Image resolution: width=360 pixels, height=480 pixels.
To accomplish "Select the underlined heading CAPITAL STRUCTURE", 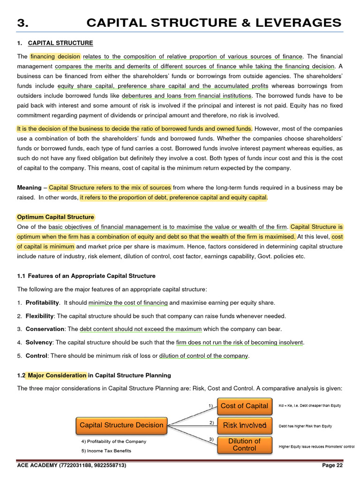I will coord(60,43).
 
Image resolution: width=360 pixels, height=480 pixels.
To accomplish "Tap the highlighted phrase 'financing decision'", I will coord(55,56).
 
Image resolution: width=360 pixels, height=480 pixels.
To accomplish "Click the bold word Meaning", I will coord(29,187).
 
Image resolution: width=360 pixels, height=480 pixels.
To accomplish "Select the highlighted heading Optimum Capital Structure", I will coord(55,217).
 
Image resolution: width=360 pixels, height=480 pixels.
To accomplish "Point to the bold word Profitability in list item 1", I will coord(42,302).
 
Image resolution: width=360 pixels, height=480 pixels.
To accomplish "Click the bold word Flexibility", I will coord(40,316).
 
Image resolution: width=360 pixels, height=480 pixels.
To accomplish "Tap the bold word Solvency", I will coord(38,343).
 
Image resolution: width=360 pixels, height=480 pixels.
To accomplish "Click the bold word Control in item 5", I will coord(36,356).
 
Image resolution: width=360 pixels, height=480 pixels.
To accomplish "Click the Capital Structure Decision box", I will coord(121,425).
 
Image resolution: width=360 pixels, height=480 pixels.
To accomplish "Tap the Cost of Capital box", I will coord(244,406).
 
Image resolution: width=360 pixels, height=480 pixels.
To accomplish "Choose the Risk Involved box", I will coord(244,425).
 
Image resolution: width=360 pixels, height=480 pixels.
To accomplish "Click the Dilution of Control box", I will coord(244,444).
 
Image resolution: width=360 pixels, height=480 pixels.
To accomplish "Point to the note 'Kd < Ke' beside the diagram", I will coord(309,405).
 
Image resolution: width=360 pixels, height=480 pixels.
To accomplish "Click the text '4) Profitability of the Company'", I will coord(114,441).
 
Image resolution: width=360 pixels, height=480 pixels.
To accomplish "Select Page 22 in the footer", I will coord(332,465).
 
